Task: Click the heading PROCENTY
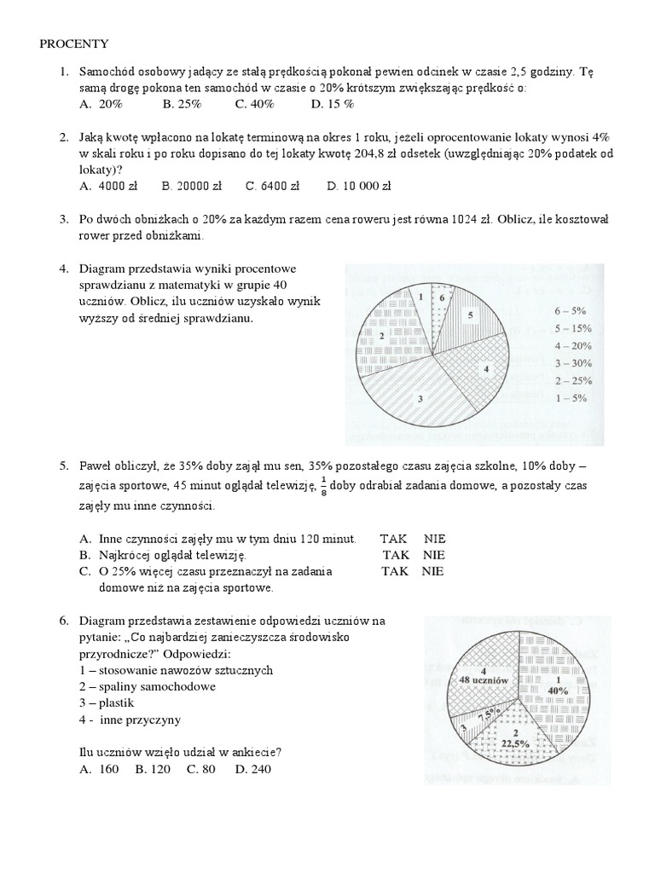[73, 44]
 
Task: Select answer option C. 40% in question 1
[254, 103]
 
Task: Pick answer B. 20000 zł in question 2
[192, 185]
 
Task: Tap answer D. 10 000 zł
[358, 185]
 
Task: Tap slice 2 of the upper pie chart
[384, 337]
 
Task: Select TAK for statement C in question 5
[395, 571]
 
